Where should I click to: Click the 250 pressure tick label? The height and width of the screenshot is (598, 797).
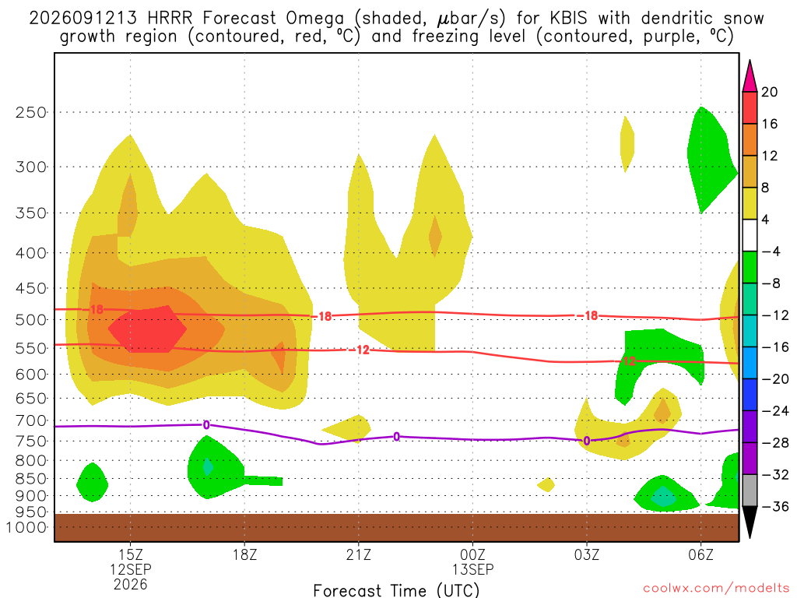[31, 112]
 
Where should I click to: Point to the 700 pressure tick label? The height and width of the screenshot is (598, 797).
[31, 421]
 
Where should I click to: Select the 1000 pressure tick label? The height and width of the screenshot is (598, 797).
[27, 528]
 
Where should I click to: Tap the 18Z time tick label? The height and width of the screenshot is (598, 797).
[244, 554]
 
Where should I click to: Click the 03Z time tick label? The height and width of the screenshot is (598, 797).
[587, 554]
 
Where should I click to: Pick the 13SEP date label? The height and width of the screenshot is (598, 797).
[472, 569]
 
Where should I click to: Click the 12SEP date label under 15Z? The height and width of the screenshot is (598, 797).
[131, 569]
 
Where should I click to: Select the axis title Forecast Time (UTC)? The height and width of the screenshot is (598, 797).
[396, 590]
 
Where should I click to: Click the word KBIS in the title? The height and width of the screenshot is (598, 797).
[568, 19]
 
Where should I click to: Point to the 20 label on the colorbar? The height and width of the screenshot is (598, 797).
[769, 92]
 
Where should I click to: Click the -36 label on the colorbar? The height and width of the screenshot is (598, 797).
[774, 506]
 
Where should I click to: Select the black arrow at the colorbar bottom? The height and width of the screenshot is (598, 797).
[750, 521]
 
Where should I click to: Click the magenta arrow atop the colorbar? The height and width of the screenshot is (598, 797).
[750, 77]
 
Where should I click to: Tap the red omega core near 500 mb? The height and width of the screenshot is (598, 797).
[147, 329]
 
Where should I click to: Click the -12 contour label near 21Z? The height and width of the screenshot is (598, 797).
[360, 350]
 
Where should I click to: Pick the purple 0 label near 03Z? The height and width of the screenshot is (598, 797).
[587, 441]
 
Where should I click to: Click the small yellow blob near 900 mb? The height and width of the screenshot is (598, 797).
[546, 484]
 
